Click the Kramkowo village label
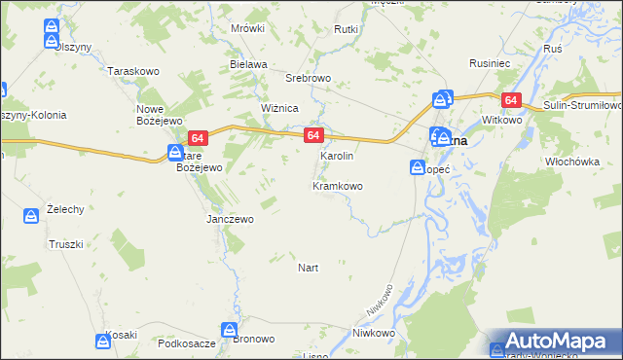(x=338, y=186)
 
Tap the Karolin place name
(x=337, y=156)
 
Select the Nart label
(x=308, y=267)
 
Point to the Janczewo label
(x=230, y=219)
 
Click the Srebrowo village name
(x=309, y=77)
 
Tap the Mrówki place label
(x=248, y=28)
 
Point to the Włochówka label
(x=570, y=162)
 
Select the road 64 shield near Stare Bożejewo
(x=199, y=139)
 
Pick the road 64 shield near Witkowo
(x=512, y=100)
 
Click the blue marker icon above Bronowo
(x=230, y=330)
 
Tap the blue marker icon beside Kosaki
(x=103, y=341)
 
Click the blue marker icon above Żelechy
(x=30, y=215)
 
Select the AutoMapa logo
(x=552, y=342)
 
